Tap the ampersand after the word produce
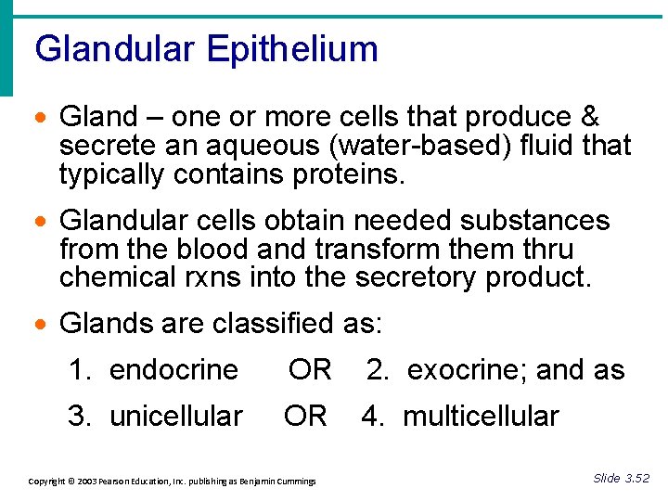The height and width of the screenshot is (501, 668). coord(588,117)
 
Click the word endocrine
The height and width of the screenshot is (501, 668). coord(173,370)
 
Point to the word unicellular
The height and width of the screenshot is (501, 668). coord(176,417)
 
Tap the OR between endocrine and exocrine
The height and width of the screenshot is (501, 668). coord(310,370)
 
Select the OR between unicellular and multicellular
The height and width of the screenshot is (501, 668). coord(305,417)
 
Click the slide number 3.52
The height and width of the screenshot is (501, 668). coord(636,479)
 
